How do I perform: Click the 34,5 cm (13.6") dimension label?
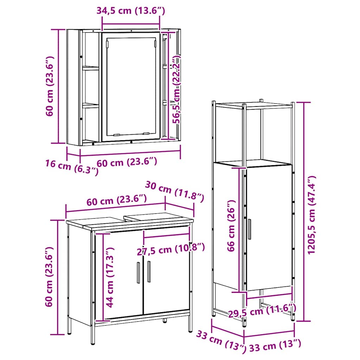(x=131, y=11)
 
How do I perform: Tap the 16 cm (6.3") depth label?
(x=72, y=167)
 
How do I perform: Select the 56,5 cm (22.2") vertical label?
(x=176, y=90)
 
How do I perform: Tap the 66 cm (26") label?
(x=231, y=226)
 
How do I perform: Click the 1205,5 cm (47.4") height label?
(x=311, y=215)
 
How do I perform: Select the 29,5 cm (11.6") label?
(x=262, y=310)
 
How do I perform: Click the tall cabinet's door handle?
(x=250, y=229)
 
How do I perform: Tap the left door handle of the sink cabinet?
(x=138, y=272)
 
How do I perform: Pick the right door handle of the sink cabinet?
(x=149, y=272)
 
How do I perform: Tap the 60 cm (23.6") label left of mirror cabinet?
(x=50, y=86)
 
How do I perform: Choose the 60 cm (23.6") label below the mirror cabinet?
(x=127, y=162)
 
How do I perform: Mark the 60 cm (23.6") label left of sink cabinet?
(x=49, y=277)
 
